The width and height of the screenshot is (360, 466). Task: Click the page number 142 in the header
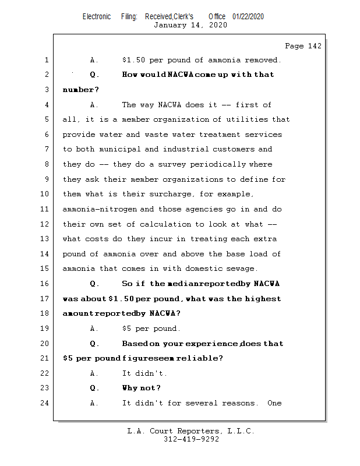pos(314,46)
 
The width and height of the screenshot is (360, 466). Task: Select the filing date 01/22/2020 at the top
pos(248,17)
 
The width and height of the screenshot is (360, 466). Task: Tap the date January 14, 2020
pos(190,25)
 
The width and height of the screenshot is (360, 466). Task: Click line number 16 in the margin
pos(45,284)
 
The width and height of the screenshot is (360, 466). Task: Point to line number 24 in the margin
pos(45,403)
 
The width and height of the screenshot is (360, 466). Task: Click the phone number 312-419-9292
pos(191,439)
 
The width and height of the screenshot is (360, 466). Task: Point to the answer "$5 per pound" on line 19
pos(151,329)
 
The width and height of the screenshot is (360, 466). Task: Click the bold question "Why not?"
pos(141,388)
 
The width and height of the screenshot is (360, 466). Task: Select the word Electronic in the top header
pos(97,17)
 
